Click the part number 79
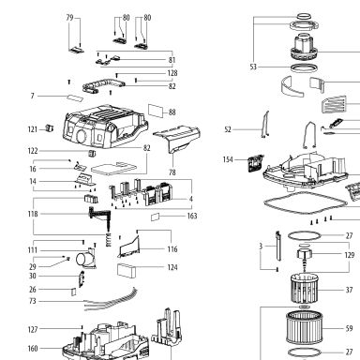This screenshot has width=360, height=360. (69, 18)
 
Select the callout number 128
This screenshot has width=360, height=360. (172, 73)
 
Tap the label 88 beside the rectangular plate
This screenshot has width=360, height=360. (172, 112)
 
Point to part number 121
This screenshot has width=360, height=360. (33, 129)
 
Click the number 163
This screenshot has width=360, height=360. (192, 216)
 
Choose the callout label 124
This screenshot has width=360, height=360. (172, 267)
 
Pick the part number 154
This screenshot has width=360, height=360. (228, 159)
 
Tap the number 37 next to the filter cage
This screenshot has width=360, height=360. (349, 290)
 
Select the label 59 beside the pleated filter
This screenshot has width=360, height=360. (349, 328)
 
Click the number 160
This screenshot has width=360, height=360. (33, 349)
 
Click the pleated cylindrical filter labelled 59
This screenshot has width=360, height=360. (304, 327)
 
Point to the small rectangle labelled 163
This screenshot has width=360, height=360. (156, 217)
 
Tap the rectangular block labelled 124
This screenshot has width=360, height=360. (127, 271)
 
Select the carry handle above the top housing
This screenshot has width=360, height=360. (103, 85)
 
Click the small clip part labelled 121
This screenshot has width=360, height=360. (50, 127)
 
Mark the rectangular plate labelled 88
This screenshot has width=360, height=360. (156, 111)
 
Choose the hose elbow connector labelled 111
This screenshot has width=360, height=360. (86, 259)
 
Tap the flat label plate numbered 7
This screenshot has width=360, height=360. (75, 97)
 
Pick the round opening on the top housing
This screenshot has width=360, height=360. (82, 137)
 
